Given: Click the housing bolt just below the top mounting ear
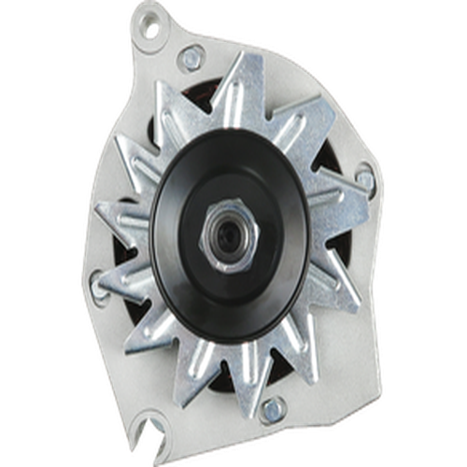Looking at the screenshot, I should click(192, 57).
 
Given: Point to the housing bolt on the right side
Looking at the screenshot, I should click(364, 178).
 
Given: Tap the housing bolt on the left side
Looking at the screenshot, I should click(99, 276).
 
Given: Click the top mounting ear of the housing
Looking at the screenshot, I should click(154, 28).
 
